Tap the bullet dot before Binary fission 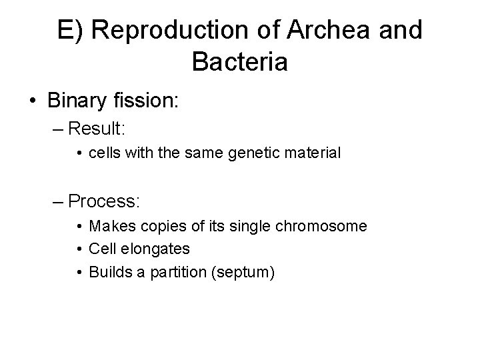point(33,101)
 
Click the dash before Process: point(59,200)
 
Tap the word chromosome point(326,227)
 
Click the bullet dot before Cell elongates point(79,249)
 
